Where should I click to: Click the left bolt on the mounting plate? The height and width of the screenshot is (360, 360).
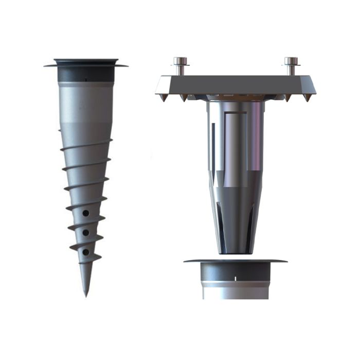click(x=180, y=66)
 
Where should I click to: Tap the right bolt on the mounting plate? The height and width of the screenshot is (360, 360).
click(x=291, y=66)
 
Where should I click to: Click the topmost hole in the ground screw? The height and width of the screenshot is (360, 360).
click(x=86, y=212)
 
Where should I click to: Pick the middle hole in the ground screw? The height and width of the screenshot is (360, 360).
click(x=86, y=232)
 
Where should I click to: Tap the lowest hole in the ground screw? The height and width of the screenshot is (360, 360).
click(x=86, y=253)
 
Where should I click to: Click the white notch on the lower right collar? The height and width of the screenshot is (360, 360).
click(x=235, y=278)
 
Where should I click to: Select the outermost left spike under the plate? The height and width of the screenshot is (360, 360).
click(x=164, y=97)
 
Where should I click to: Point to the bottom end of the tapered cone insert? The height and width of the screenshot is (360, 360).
click(x=235, y=250)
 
